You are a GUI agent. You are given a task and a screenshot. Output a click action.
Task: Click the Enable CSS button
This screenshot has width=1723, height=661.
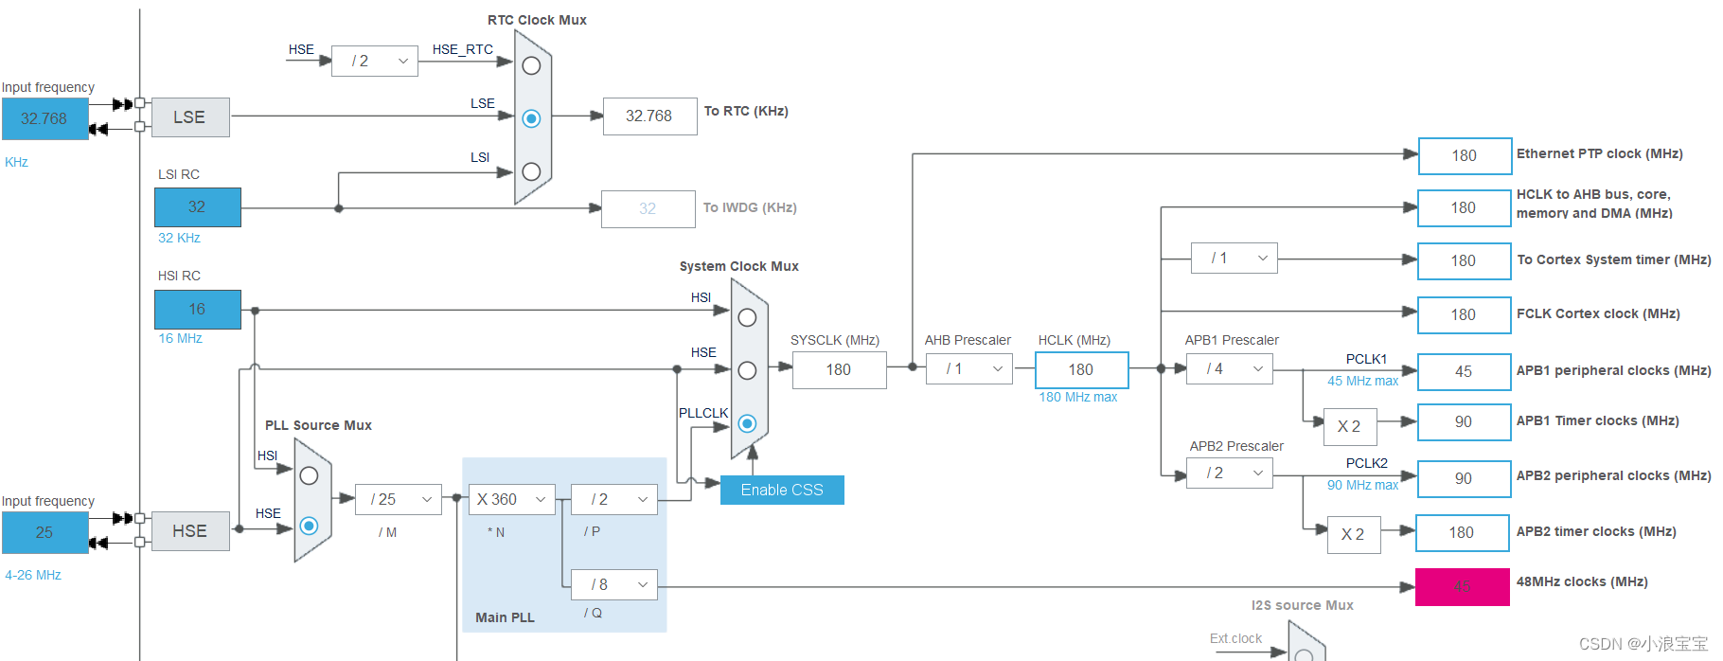click(782, 490)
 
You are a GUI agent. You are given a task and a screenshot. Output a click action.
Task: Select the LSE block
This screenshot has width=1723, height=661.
click(190, 117)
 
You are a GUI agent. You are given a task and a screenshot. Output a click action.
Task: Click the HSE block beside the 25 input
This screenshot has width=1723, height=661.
click(190, 531)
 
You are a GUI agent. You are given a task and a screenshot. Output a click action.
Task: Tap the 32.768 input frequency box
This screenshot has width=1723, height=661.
click(44, 119)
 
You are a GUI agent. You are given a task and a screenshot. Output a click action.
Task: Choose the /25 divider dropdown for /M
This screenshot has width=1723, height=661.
click(399, 499)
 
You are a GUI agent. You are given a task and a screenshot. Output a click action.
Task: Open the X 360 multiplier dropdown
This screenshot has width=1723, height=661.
click(511, 499)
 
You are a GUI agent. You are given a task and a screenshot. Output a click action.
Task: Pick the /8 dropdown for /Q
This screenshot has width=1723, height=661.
click(613, 584)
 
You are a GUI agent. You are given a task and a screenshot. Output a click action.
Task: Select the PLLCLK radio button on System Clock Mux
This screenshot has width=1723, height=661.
click(747, 423)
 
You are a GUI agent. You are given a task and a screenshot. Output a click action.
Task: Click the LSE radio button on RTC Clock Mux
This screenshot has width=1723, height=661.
click(531, 118)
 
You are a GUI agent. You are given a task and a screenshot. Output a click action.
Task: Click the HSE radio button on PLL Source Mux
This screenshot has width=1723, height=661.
click(309, 526)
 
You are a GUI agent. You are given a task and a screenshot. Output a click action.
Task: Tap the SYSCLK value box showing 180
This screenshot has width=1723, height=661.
click(839, 369)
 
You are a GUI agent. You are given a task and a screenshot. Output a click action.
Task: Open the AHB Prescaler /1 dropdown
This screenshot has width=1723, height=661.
click(968, 368)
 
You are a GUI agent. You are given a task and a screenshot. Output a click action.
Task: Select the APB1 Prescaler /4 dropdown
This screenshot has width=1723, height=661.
click(1229, 368)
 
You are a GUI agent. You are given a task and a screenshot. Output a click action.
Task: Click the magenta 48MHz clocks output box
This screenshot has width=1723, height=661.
click(1462, 587)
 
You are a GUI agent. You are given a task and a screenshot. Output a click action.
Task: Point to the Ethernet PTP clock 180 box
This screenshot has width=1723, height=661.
click(1465, 155)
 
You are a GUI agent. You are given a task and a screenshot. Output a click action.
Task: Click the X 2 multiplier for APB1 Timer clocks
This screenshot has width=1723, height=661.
click(1349, 427)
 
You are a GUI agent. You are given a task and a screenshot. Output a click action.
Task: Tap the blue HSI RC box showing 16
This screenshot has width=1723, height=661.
click(197, 310)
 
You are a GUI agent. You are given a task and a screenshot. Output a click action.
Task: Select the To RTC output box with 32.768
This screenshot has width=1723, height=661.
click(649, 116)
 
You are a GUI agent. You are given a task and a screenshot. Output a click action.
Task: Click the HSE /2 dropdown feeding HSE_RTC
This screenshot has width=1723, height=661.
click(375, 61)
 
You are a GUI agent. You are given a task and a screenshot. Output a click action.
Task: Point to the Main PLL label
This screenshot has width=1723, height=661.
click(505, 617)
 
